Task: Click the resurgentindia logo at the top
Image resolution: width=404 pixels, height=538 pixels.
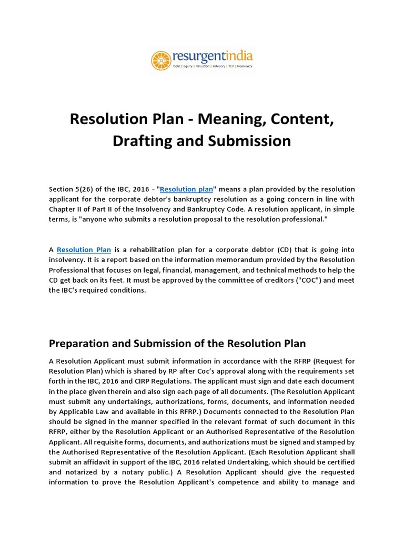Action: [x=202, y=59]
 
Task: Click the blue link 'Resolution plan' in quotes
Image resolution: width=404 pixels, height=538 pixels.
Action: [x=186, y=189]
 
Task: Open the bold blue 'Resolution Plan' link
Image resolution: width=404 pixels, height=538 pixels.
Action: [x=84, y=250]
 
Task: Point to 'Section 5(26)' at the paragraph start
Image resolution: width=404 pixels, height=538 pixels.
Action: [x=70, y=189]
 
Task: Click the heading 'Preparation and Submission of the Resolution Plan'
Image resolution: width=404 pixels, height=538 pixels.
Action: [x=177, y=344]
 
